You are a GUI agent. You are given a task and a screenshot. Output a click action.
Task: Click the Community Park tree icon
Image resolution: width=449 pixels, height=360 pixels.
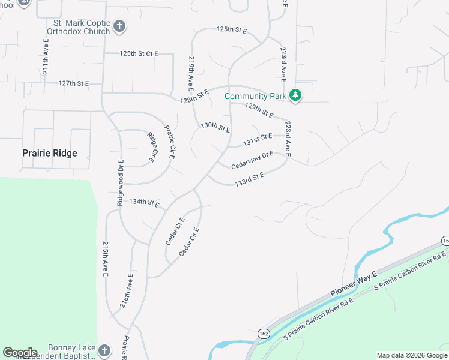[x=295, y=95]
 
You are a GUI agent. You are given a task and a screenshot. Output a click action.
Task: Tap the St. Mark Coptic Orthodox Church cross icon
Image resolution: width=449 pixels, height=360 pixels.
[x=119, y=26]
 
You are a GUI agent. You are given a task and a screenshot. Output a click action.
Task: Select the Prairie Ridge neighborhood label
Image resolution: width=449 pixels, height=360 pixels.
[x=50, y=153]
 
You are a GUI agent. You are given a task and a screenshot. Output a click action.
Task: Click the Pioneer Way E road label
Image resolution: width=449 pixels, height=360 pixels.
[x=353, y=284]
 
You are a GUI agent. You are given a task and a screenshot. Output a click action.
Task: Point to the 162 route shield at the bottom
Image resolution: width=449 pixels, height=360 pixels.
[x=264, y=333]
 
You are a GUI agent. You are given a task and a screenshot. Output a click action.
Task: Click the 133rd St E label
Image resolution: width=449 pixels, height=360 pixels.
[x=250, y=178]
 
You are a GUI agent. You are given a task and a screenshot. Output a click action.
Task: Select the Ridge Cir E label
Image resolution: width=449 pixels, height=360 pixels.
[x=152, y=147]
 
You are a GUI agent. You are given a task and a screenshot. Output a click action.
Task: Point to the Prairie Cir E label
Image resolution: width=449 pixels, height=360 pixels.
[x=169, y=142]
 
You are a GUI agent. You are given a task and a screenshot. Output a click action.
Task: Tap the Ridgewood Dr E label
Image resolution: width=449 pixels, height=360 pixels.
[x=120, y=183]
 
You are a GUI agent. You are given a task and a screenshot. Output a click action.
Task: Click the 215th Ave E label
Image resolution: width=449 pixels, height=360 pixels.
[x=105, y=259]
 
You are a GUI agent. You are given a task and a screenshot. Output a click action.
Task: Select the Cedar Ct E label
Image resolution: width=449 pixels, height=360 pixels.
[x=175, y=232]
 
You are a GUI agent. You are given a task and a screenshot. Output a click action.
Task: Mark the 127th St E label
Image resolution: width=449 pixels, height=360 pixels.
[x=74, y=83]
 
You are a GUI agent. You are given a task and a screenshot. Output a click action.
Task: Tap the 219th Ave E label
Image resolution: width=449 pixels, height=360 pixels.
[x=191, y=72]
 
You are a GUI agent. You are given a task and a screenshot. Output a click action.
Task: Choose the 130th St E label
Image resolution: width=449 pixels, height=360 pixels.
[x=215, y=127]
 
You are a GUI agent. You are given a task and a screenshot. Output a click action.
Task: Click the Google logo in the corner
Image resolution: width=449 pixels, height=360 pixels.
[x=20, y=353]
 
